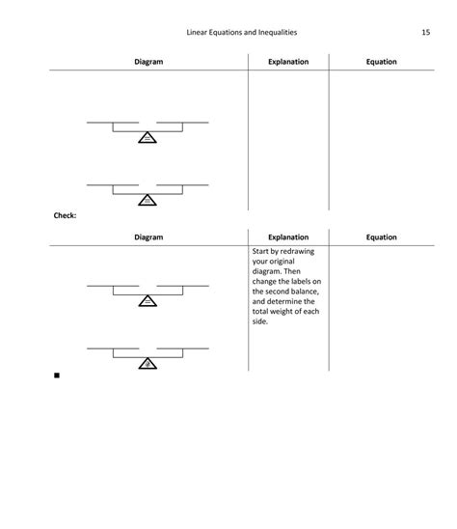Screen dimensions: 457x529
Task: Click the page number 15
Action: [425, 33]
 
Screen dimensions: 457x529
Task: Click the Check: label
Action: [65, 215]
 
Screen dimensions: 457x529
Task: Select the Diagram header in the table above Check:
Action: [148, 62]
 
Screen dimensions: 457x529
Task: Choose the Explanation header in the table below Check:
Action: [288, 237]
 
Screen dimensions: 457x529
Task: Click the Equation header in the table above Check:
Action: [381, 62]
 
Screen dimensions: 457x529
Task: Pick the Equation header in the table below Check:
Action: [381, 237]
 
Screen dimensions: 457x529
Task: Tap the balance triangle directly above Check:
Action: [147, 199]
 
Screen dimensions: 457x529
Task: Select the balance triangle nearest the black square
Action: [147, 363]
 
